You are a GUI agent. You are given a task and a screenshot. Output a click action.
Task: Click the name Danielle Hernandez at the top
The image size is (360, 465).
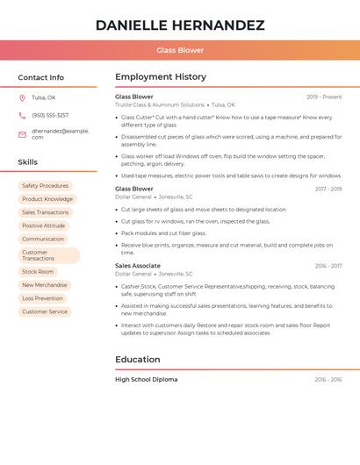[x=180, y=25]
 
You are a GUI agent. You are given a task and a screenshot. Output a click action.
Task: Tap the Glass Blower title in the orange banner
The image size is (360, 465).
[x=180, y=50]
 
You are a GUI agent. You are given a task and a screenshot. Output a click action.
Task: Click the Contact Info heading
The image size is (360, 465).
[x=41, y=77]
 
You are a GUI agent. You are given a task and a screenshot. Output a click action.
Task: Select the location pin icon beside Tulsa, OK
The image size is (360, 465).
[x=22, y=98]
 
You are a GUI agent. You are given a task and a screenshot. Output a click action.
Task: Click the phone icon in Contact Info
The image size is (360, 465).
[x=22, y=116]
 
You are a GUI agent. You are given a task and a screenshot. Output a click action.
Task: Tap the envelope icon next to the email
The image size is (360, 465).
[x=22, y=134]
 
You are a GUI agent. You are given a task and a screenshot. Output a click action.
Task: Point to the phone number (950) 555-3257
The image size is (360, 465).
[x=50, y=116]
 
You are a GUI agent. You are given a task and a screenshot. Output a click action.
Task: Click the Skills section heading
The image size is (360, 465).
[x=28, y=162]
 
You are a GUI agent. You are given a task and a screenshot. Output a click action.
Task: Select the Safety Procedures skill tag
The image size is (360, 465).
[x=45, y=186]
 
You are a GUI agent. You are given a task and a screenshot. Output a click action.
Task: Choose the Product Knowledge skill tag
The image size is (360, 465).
[x=47, y=199]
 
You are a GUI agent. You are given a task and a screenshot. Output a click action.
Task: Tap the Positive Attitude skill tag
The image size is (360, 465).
[x=44, y=225]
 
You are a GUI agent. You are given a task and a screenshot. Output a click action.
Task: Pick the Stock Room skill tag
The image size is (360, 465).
[x=38, y=272]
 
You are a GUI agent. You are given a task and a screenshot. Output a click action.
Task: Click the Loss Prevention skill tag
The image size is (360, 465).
[x=43, y=298]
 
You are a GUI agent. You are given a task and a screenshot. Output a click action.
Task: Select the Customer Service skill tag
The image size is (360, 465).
[x=45, y=311]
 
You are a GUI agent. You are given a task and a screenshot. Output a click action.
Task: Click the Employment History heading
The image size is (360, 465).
[x=161, y=77]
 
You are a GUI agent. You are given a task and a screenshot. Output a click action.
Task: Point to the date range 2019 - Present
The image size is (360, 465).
[x=324, y=97]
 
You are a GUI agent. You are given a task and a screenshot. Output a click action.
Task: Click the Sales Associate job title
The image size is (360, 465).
[x=138, y=265]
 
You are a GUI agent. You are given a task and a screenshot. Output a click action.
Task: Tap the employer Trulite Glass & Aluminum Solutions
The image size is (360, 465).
[x=160, y=104]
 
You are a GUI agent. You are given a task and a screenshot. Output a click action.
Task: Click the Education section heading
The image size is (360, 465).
[x=137, y=359]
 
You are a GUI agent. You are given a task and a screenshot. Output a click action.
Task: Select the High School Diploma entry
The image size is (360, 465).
[x=147, y=379]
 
